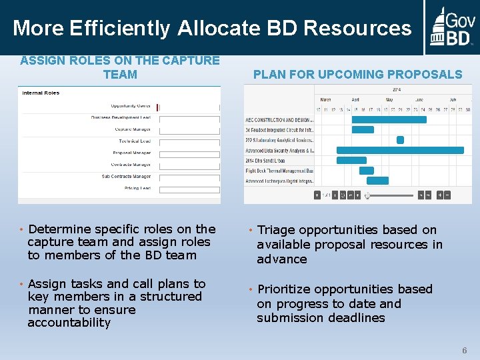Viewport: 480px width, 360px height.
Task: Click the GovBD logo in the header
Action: pos(452,27)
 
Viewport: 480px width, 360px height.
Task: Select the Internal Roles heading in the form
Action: pos(41,93)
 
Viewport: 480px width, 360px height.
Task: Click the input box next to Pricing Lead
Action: pos(189,189)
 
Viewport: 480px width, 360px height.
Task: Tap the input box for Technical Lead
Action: pos(189,141)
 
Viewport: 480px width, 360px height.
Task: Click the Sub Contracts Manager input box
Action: pos(189,177)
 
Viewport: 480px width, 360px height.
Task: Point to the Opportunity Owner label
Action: pos(131,105)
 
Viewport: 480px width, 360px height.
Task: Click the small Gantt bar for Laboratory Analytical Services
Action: pos(400,140)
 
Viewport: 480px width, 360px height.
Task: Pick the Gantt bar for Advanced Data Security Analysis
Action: pos(400,151)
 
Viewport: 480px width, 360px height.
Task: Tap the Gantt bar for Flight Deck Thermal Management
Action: pos(367,171)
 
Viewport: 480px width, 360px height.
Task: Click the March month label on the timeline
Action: pos(325,99)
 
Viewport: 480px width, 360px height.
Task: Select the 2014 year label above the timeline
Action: pos(397,89)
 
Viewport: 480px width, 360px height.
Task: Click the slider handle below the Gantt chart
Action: pos(367,195)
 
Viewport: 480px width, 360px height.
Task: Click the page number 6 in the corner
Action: pos(465,350)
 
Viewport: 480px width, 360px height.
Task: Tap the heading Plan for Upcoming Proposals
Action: pos(357,75)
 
